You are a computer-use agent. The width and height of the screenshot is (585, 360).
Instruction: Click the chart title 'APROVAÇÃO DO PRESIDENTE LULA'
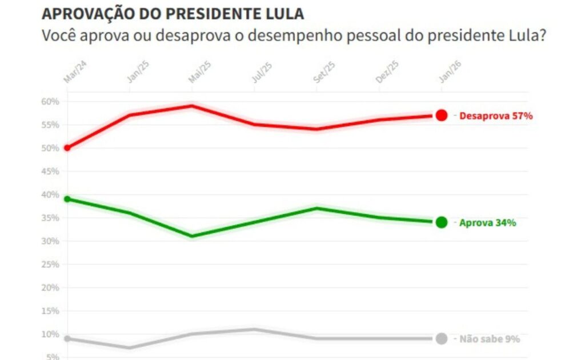[x=173, y=14]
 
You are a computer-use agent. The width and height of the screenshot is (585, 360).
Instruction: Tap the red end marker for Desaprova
[x=441, y=115]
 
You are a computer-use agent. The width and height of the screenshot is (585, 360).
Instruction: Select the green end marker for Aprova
[x=441, y=222]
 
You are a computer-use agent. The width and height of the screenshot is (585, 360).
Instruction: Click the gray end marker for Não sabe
[x=441, y=338]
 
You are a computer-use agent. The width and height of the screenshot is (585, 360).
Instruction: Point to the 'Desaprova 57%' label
[x=495, y=116]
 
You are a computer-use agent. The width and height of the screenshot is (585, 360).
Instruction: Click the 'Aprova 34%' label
[x=487, y=223]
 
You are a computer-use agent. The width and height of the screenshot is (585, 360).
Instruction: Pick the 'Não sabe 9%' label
[x=490, y=339]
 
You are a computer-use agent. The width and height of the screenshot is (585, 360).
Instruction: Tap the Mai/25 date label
[x=200, y=73]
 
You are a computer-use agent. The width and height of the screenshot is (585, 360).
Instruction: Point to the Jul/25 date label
[x=262, y=73]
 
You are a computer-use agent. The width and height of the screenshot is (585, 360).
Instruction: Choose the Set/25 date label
[x=324, y=73]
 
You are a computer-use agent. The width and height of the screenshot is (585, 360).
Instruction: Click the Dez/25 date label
[x=387, y=73]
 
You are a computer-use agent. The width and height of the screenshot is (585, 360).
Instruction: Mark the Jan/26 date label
[x=450, y=73]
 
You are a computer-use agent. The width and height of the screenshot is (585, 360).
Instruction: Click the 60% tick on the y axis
[x=50, y=102]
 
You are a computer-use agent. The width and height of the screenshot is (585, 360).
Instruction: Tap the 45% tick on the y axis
[x=50, y=171]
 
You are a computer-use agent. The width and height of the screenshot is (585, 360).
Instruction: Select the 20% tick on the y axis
[x=50, y=287]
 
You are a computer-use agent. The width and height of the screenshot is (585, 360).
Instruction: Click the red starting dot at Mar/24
[x=67, y=148]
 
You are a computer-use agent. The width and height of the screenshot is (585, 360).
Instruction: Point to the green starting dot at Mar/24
[x=67, y=199]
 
